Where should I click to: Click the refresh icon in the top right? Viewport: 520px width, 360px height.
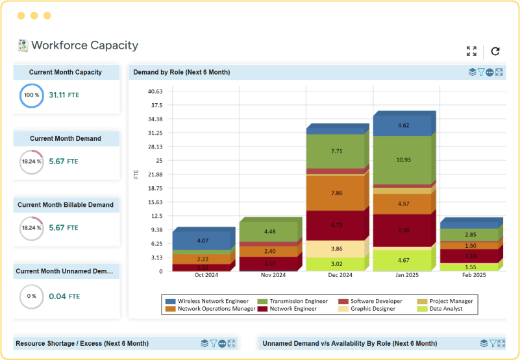point(495,51)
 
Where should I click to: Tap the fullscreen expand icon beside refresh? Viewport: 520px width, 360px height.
point(471,51)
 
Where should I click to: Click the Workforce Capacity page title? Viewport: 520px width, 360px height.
point(84,45)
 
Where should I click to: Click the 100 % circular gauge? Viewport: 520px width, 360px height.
point(31,95)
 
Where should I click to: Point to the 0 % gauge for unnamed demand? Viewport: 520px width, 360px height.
point(31,296)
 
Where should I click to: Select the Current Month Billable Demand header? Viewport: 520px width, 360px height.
point(66,205)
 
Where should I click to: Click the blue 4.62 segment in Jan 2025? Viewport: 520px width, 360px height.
point(402,126)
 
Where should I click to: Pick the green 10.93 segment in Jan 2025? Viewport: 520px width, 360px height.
point(402,160)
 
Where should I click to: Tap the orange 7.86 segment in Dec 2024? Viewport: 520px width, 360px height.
point(336,193)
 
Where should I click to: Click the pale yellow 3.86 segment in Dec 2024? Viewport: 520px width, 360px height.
point(336,249)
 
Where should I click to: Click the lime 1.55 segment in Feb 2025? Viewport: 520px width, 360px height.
point(469,267)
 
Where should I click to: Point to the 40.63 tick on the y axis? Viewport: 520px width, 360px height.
point(155,91)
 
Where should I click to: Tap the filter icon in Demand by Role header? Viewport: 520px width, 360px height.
point(481,72)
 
